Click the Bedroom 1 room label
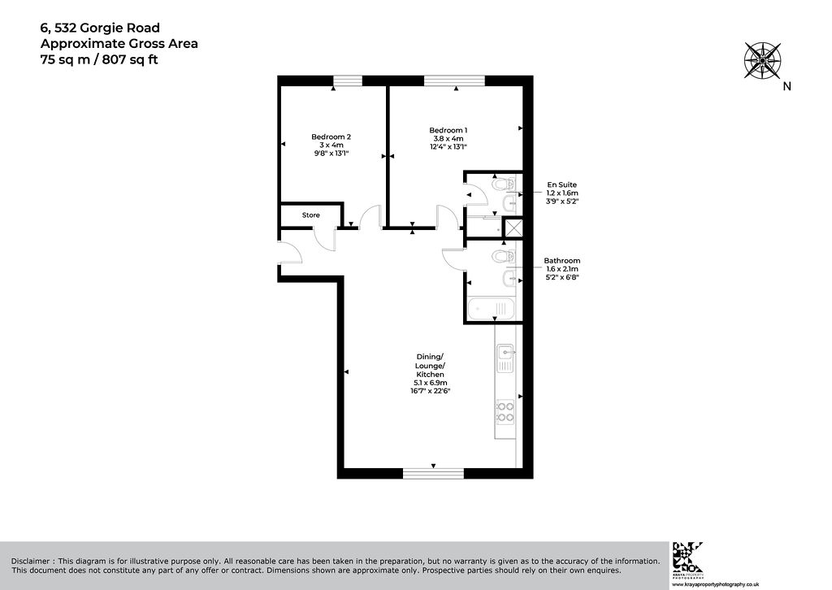[448, 131]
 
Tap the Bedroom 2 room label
[331, 137]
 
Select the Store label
[311, 215]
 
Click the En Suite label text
[562, 184]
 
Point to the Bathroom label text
[562, 261]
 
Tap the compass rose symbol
[762, 60]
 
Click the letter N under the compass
[786, 86]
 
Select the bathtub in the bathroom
[492, 308]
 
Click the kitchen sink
[505, 358]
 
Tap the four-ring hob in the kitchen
[505, 412]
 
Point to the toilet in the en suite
[501, 184]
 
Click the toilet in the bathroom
[501, 257]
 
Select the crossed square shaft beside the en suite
[513, 228]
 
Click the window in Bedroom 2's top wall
[348, 80]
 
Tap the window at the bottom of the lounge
[434, 473]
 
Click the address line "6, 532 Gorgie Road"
[100, 28]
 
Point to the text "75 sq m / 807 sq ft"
[99, 59]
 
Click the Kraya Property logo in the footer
[687, 557]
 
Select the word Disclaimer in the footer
[31, 561]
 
